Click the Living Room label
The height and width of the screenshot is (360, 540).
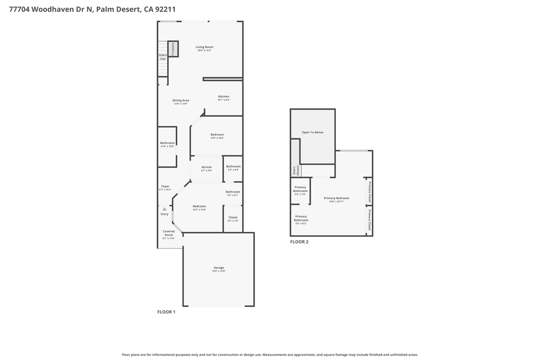[204, 47]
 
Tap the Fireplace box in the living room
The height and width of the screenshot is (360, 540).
[173, 49]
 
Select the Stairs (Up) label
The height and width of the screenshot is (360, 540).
[162, 56]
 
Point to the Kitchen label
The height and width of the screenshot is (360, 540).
[224, 97]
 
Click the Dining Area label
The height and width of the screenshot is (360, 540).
[180, 101]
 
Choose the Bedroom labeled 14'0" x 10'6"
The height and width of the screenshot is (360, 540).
[217, 135]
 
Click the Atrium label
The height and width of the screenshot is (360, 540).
[206, 168]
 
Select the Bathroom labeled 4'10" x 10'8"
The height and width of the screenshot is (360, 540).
[167, 143]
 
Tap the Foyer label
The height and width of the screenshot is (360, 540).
[165, 187]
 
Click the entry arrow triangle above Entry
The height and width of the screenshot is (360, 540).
[165, 209]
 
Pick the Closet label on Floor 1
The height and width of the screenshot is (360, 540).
[233, 218]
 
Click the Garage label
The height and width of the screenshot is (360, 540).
[218, 268]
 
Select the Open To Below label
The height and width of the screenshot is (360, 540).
[312, 132]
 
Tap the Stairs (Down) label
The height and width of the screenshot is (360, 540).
[295, 170]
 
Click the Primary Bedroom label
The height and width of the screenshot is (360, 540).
[336, 199]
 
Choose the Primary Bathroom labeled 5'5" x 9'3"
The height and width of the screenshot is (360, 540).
[301, 219]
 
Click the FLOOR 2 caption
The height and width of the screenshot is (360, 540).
[299, 242]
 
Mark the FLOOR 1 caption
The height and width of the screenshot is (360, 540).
[166, 312]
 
